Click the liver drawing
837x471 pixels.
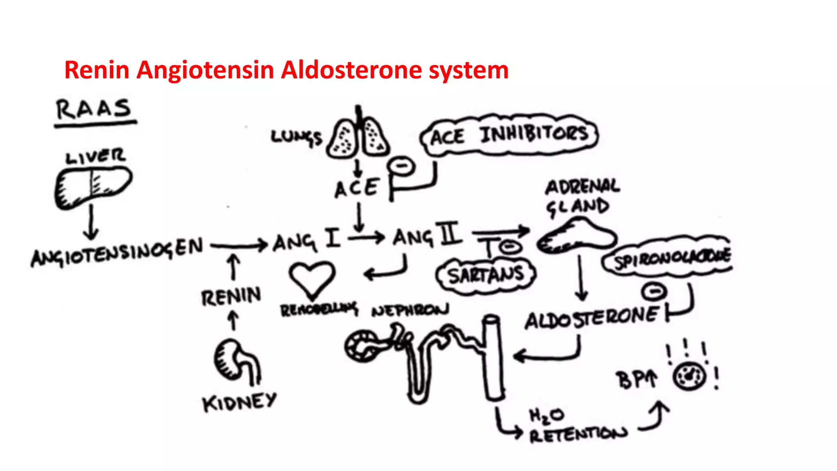pyautogui.click(x=93, y=188)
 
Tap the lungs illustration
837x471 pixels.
pyautogui.click(x=358, y=136)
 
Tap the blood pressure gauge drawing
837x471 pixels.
pyautogui.click(x=690, y=376)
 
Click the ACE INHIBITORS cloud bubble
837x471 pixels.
pyautogui.click(x=509, y=135)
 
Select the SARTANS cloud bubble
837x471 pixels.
pyautogui.click(x=486, y=275)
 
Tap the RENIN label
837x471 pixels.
pyautogui.click(x=231, y=296)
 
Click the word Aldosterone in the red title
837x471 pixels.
pyautogui.click(x=351, y=70)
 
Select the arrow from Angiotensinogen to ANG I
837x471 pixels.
pyautogui.click(x=239, y=246)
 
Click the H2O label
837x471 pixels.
pyautogui.click(x=547, y=416)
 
